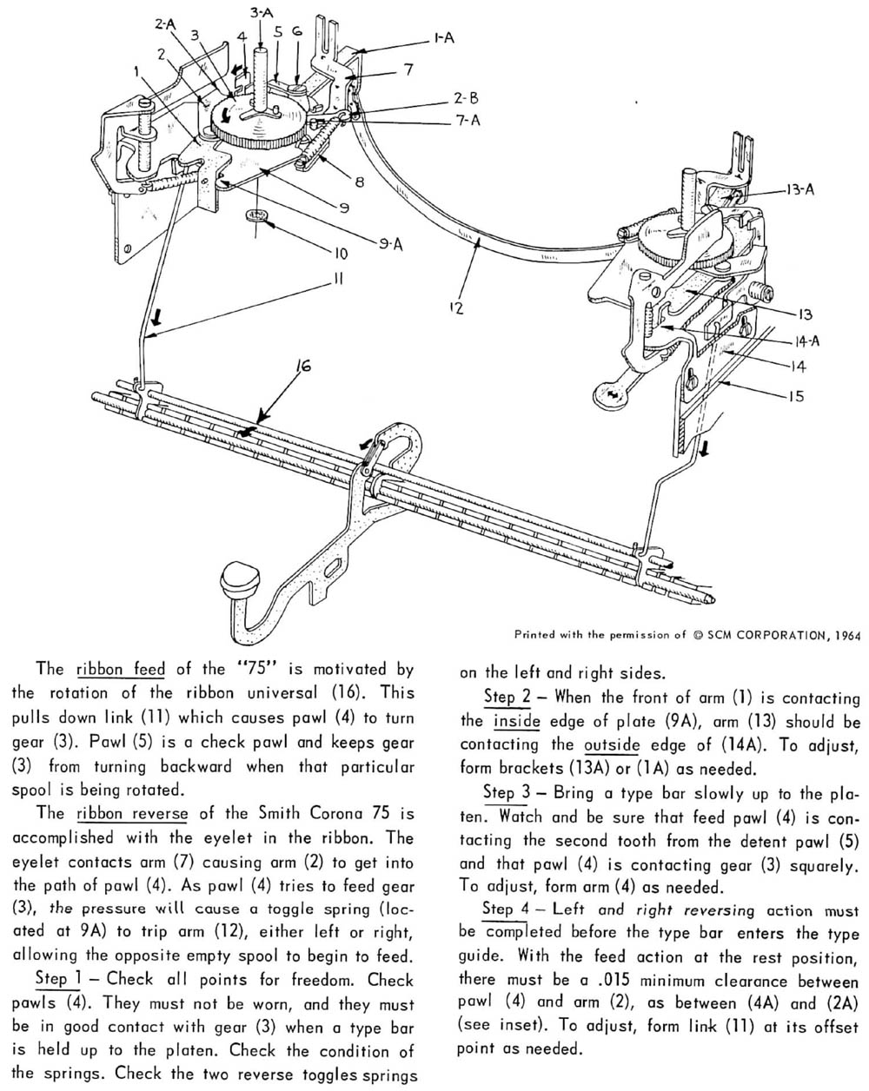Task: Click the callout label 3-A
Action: pos(262,12)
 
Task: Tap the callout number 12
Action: pos(456,307)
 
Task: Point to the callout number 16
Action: pos(303,366)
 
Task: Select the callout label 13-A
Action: pos(800,189)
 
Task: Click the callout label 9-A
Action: pos(391,244)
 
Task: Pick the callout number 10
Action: pos(340,254)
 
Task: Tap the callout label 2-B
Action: pos(466,97)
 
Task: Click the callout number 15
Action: pos(797,396)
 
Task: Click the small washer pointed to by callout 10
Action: pos(255,215)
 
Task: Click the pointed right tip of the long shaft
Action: pos(714,600)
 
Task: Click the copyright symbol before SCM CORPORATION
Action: pos(698,635)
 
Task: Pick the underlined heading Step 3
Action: pos(507,792)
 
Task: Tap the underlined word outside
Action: pos(612,744)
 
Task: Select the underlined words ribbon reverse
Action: pos(132,813)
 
